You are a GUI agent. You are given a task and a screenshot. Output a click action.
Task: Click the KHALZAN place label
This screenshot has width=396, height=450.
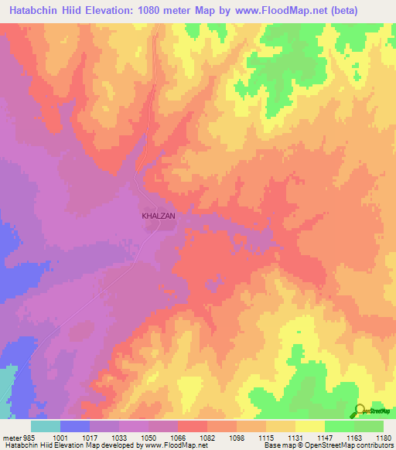(159, 217)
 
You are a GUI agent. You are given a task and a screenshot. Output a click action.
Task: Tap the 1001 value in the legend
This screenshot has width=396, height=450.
(60, 437)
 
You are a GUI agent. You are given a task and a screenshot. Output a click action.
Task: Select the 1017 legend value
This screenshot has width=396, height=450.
(89, 437)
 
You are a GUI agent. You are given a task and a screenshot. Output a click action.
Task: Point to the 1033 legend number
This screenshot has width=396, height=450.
(118, 437)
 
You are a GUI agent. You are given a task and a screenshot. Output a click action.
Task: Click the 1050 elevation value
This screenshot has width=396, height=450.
(148, 437)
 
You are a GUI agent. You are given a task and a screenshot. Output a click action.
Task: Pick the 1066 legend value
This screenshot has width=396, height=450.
(177, 437)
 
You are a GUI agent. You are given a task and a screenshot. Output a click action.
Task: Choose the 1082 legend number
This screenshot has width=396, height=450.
(207, 437)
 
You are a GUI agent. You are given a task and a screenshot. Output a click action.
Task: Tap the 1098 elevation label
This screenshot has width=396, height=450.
(236, 437)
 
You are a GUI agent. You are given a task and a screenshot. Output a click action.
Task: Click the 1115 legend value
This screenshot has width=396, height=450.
(265, 437)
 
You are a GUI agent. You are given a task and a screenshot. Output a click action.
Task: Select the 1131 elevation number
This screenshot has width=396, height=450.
(295, 437)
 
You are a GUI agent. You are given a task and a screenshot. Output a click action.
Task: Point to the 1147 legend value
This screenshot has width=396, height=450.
(324, 437)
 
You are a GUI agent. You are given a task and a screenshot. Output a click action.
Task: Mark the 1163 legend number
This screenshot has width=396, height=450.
(353, 437)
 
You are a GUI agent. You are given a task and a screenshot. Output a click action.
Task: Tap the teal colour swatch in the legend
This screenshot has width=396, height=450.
(46, 426)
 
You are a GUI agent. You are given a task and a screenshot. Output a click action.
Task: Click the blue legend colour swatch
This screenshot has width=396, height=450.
(75, 426)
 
